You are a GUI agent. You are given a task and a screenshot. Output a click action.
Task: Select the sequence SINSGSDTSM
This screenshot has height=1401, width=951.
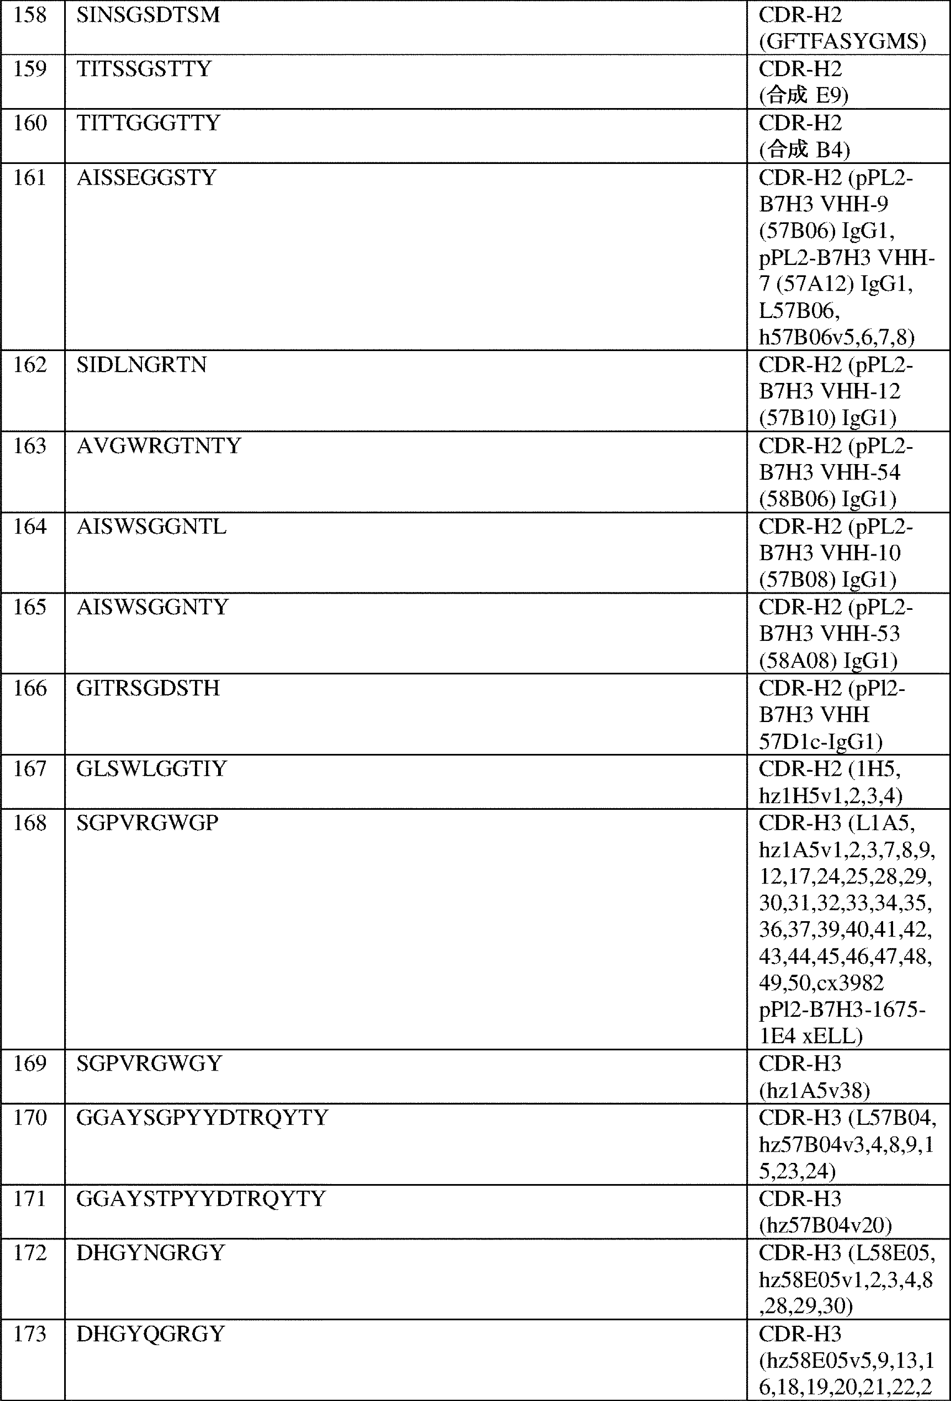[x=148, y=15]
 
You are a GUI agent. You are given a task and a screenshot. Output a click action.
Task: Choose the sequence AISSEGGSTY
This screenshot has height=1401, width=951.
[x=146, y=178]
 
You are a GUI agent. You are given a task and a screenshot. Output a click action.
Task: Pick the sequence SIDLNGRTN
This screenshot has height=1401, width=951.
[x=142, y=365]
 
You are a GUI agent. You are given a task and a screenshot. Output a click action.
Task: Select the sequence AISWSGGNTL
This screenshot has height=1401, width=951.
[x=151, y=527]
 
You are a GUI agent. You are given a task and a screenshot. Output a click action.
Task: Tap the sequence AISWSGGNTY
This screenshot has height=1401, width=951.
[x=152, y=607]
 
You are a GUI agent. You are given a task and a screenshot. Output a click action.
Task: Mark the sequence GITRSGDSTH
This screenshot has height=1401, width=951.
[x=148, y=688]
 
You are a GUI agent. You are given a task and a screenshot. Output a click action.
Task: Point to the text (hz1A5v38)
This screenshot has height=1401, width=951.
[x=814, y=1090]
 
